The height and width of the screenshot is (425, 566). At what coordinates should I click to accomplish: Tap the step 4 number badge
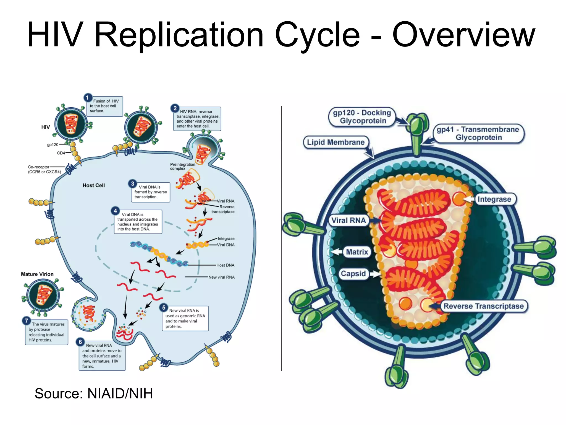coord(115,211)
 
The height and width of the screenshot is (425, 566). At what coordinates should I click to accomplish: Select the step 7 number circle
coord(27,321)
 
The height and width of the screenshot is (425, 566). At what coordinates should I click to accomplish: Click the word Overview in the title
coord(464,35)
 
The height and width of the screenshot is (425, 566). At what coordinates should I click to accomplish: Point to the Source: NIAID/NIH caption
coord(94,393)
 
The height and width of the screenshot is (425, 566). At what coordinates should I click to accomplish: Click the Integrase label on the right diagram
coord(494,199)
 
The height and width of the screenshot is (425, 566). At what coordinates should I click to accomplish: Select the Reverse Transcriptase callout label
coord(483,306)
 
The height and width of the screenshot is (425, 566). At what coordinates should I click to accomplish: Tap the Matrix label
coord(357,252)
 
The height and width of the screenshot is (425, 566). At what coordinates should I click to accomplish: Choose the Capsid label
coord(353,274)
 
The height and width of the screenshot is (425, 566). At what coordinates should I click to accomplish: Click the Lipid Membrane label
coord(336,142)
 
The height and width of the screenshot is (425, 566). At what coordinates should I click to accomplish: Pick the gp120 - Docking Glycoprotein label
coord(362,117)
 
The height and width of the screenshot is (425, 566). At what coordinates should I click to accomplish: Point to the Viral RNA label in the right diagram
coord(348,220)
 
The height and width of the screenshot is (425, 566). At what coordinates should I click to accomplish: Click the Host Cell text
coord(94,185)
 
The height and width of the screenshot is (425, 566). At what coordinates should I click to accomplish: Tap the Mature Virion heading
coord(37,274)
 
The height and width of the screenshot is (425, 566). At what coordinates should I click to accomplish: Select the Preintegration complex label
coord(182,166)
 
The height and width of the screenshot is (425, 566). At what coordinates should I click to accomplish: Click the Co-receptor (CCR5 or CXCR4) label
coord(44,169)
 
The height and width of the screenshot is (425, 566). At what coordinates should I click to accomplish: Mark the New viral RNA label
coord(221,277)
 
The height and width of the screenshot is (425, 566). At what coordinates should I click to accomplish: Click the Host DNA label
coord(225,265)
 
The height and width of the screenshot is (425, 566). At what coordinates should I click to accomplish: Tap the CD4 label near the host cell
coord(61,153)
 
